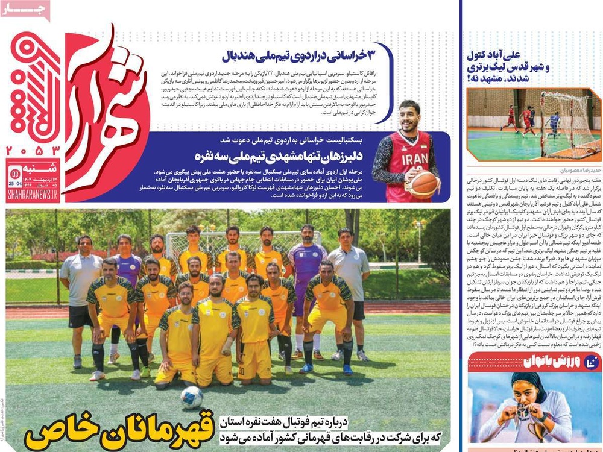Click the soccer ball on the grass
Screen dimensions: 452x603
(x=192, y=397)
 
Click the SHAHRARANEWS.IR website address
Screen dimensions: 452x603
(x=33, y=194)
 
